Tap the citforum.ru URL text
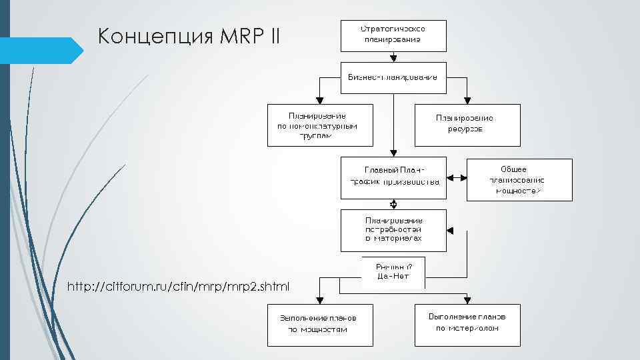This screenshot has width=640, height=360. click(x=179, y=287)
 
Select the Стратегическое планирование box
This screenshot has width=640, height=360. click(x=393, y=35)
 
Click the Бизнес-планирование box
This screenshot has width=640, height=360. click(x=393, y=77)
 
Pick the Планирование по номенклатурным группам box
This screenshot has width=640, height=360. click(x=321, y=125)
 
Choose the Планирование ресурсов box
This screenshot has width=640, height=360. click(x=467, y=125)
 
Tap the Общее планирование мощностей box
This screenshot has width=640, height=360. click(x=519, y=179)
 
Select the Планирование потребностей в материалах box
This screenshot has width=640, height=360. click(x=393, y=230)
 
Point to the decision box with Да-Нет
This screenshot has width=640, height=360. click(x=393, y=272)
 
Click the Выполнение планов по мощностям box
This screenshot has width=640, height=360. click(x=321, y=325)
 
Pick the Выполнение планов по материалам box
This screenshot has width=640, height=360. click(x=467, y=325)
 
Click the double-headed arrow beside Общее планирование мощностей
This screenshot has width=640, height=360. click(x=456, y=178)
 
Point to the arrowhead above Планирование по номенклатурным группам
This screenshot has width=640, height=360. click(x=321, y=101)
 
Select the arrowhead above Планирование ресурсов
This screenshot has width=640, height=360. click(x=467, y=101)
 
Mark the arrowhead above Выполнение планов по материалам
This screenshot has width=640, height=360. click(x=467, y=301)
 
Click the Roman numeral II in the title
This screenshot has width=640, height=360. click(x=276, y=37)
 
